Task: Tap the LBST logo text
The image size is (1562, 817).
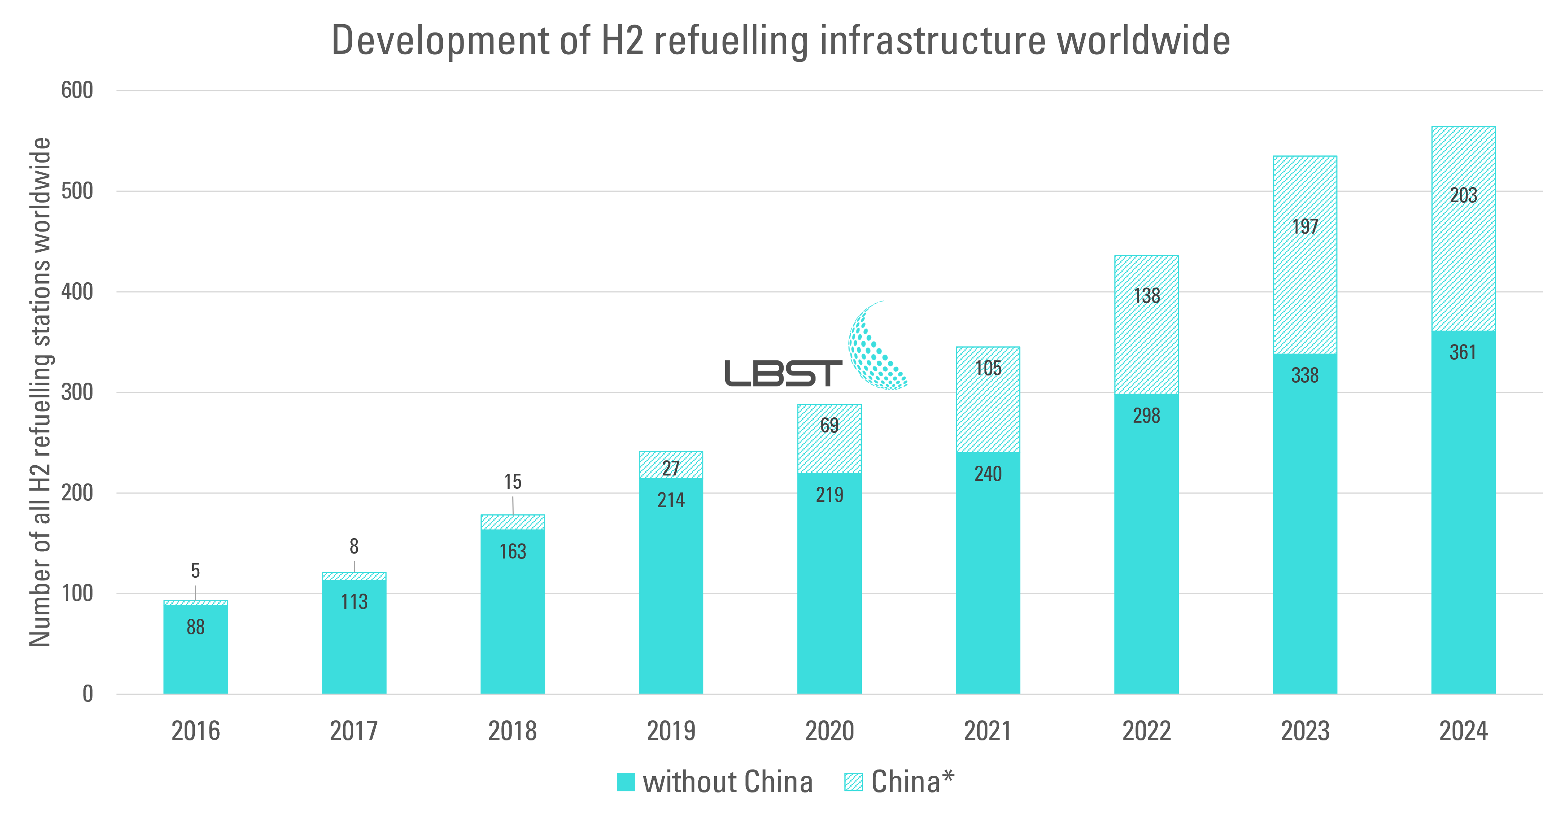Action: tap(783, 373)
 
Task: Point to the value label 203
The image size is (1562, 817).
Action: tap(1463, 195)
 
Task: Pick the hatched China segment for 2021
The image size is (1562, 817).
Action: tap(988, 412)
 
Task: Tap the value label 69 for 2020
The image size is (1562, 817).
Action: tap(829, 425)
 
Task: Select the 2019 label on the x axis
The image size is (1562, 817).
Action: tap(671, 731)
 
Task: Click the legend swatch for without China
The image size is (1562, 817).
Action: tap(626, 782)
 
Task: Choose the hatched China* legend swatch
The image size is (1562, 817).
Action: tap(853, 782)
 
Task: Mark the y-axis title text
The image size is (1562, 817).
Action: tap(40, 392)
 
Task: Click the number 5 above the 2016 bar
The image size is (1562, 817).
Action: tap(195, 570)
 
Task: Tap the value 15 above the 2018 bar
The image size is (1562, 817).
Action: tap(512, 482)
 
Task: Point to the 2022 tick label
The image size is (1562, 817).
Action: tap(1146, 731)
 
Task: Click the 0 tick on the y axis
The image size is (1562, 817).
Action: tap(88, 694)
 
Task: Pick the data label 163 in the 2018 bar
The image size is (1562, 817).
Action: tap(512, 552)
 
